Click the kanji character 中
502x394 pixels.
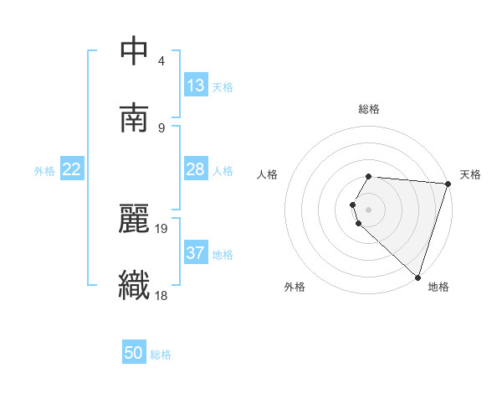tap(135, 51)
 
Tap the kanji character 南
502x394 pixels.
tap(135, 118)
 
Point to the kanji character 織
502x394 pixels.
tap(135, 285)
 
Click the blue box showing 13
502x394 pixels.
tap(196, 86)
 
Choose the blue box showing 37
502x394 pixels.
tap(196, 253)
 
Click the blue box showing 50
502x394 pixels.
tap(134, 353)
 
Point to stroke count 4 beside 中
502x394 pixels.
tap(161, 61)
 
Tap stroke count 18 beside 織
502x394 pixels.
tap(161, 295)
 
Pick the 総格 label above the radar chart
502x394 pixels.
tap(369, 109)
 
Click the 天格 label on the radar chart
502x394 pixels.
tap(470, 174)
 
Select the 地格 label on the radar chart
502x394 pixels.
tap(438, 287)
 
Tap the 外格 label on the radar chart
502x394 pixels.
tap(295, 287)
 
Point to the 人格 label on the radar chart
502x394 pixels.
tap(268, 174)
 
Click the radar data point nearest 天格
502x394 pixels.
tap(448, 184)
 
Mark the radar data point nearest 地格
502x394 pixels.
tap(418, 277)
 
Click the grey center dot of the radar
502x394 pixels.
tap(369, 209)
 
